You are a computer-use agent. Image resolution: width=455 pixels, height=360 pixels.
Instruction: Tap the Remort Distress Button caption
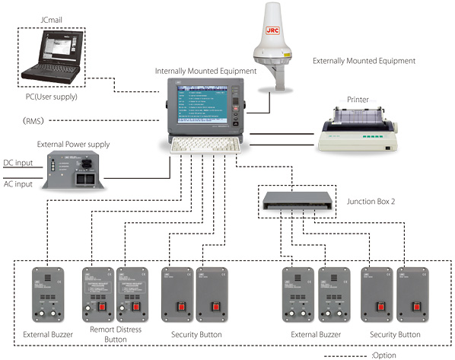pyautogui.click(x=113, y=339)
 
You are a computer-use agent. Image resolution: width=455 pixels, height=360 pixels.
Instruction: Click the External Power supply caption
pyautogui.click(x=73, y=144)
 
